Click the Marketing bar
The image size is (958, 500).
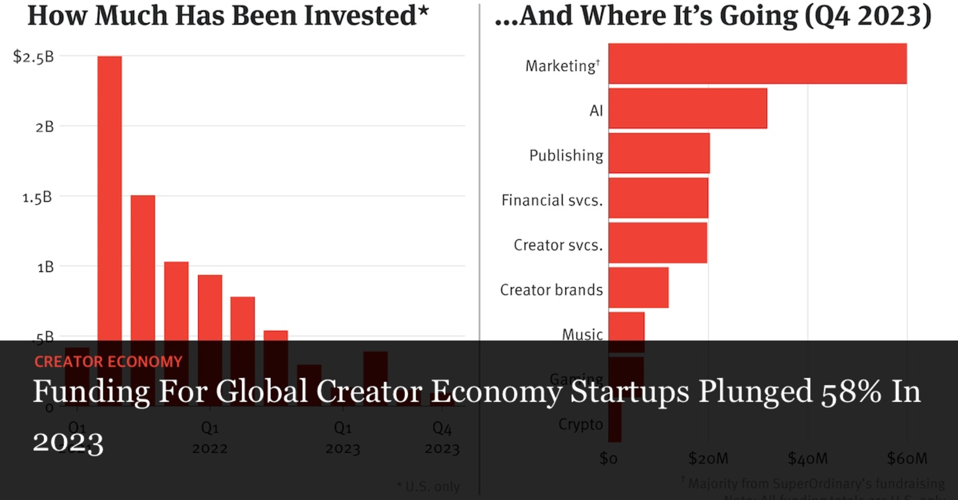757,63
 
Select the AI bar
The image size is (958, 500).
687,108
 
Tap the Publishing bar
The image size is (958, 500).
659,153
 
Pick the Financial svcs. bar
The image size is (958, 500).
658,198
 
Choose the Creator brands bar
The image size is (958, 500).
638,288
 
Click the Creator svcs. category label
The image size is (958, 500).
558,245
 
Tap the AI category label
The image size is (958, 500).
596,111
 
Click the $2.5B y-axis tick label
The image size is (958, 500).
34,57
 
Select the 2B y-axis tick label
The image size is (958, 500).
44,126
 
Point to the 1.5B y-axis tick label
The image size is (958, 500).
37,197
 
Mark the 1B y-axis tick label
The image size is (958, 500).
45,267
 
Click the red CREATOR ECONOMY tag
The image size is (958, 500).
108,361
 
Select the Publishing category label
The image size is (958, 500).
566,156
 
